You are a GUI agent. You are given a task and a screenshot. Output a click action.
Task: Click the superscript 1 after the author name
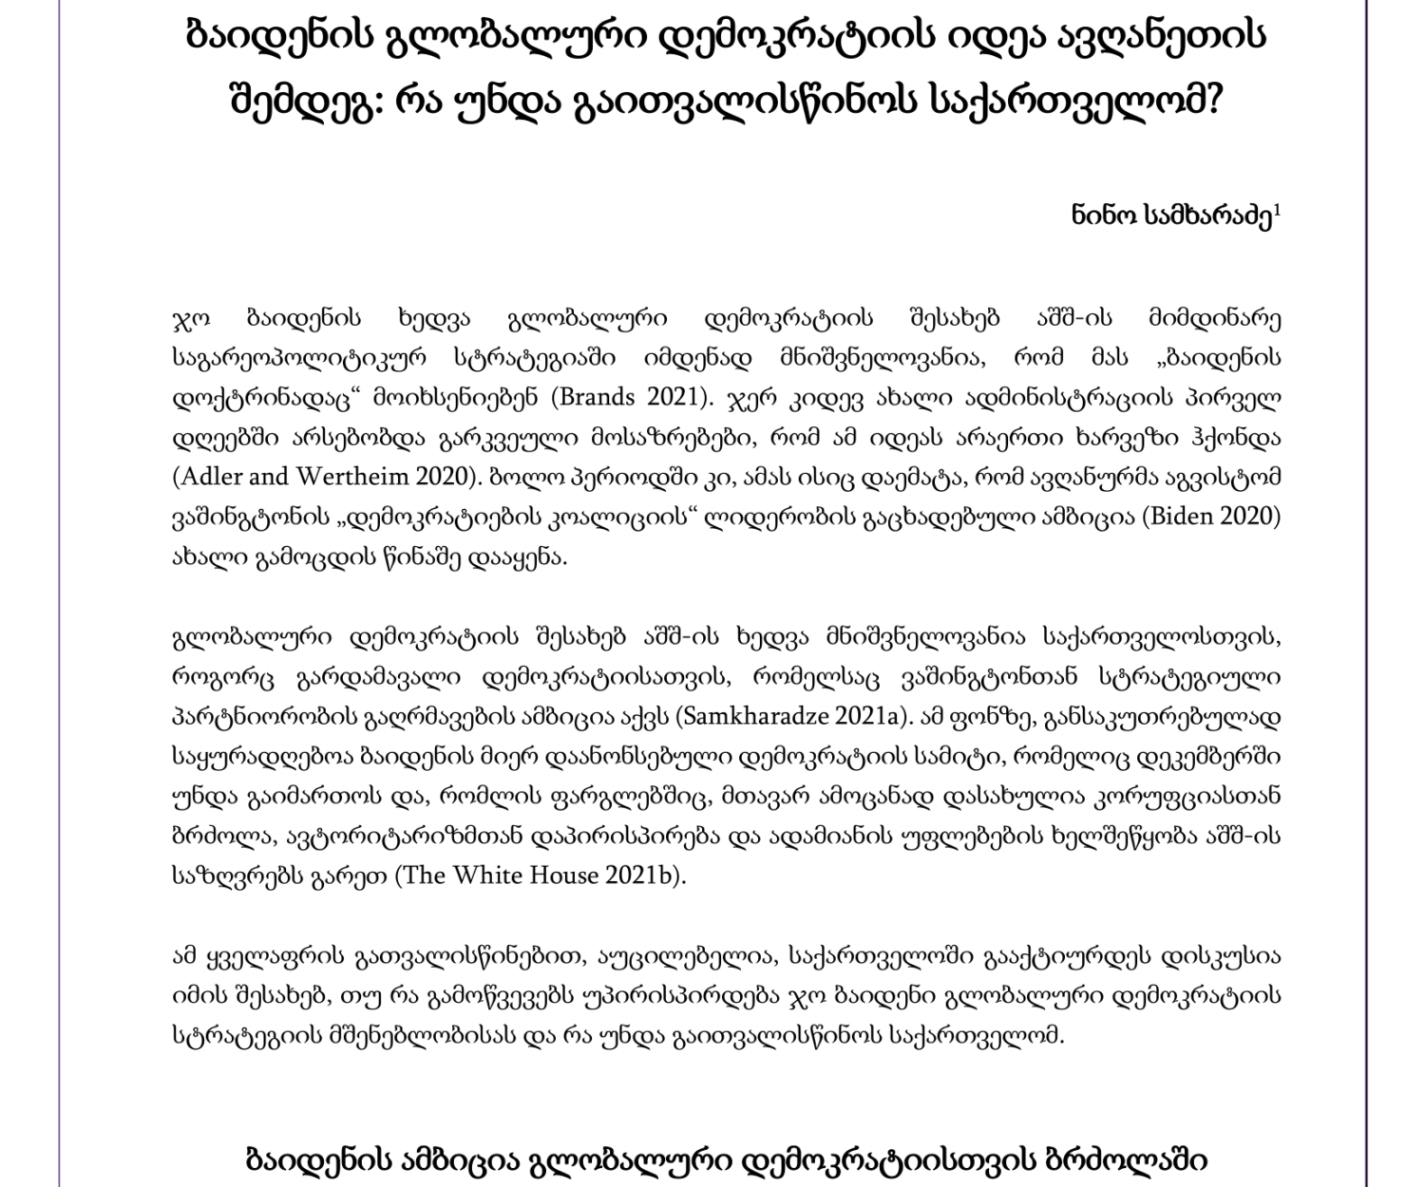pyautogui.click(x=1278, y=211)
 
